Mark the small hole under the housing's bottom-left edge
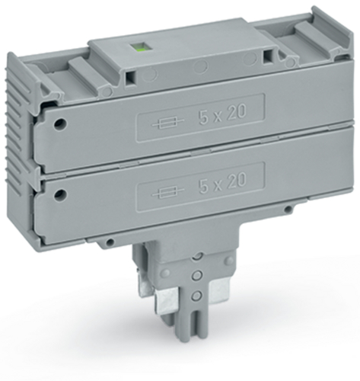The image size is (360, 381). tap(110, 242)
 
